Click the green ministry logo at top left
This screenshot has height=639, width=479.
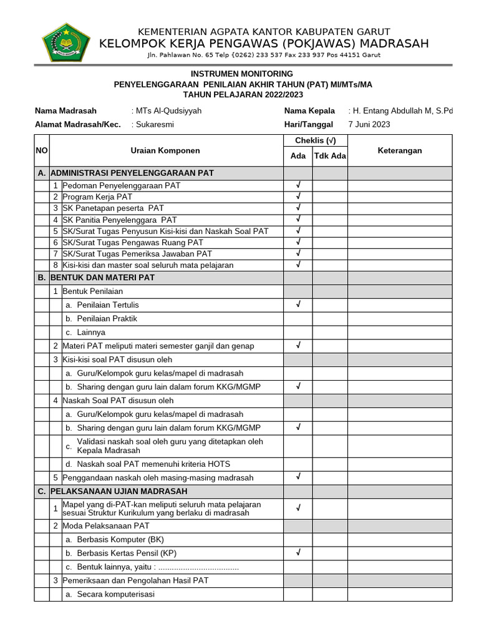66,42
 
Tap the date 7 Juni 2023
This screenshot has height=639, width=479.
369,124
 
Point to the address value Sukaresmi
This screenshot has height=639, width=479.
155,124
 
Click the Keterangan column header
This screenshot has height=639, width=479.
400,150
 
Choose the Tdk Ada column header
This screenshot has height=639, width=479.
330,156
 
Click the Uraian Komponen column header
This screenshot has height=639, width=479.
165,150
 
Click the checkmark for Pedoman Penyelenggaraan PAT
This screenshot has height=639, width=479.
298,185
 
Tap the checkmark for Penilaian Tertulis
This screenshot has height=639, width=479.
298,305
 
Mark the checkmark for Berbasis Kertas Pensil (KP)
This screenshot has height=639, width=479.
298,553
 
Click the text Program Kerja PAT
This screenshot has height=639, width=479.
97,197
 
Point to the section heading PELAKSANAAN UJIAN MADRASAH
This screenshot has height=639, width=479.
121,491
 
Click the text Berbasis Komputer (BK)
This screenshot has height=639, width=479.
120,539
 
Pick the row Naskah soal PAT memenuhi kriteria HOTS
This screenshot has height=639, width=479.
153,464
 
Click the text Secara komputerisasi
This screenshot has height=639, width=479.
115,594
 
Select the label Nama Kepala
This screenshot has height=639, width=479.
309,110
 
